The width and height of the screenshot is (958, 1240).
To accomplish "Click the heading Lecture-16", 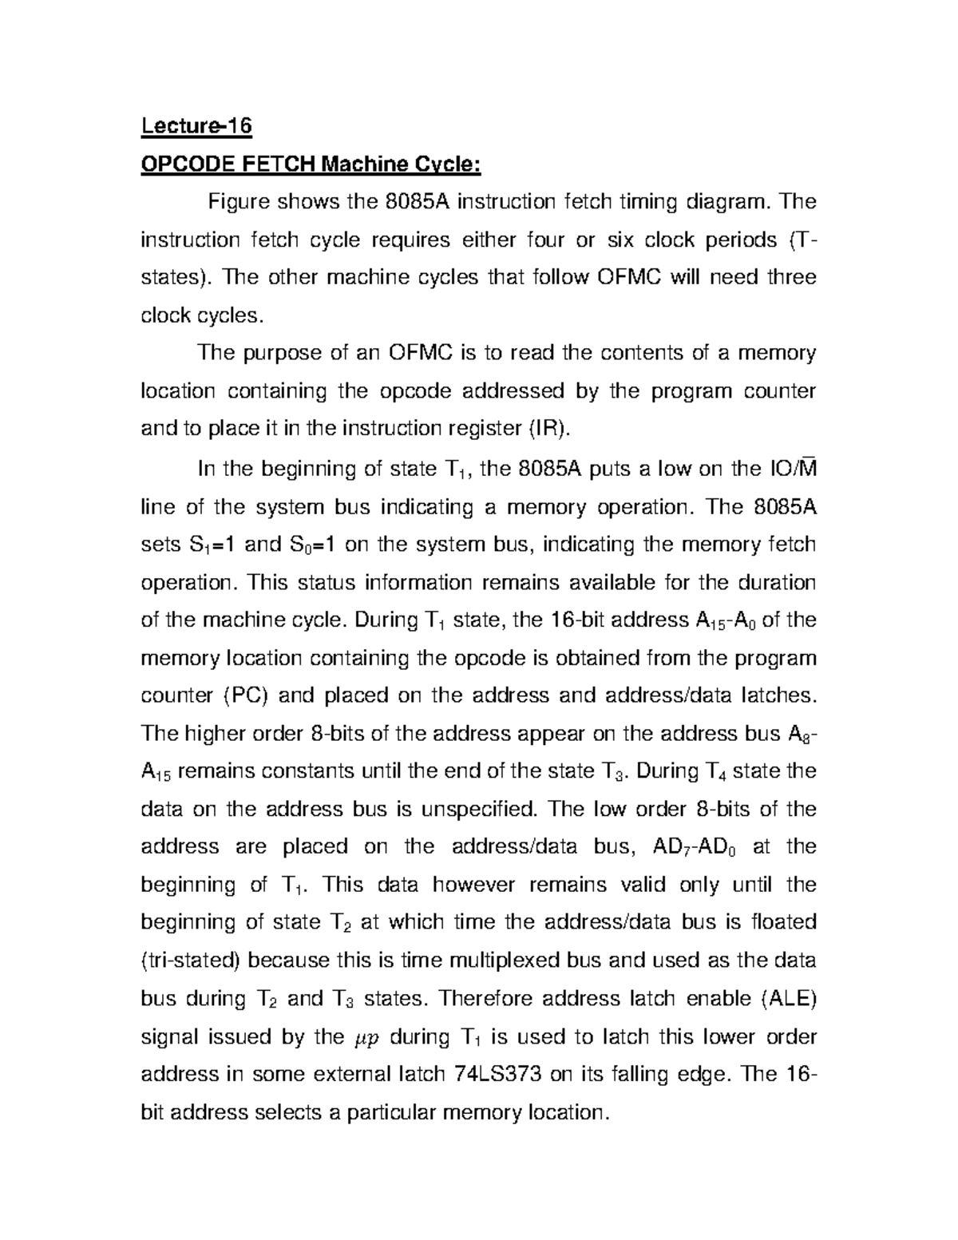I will (x=196, y=126).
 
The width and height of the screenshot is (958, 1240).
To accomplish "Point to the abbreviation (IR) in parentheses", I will (x=550, y=429).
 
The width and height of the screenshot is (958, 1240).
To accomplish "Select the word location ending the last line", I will (x=564, y=1111).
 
